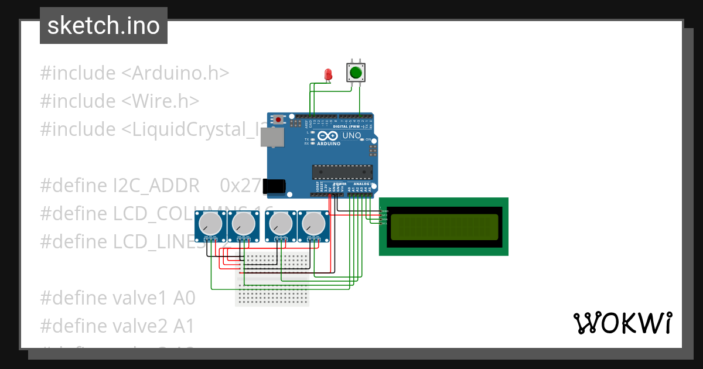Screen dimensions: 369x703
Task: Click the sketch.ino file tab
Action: [x=104, y=26]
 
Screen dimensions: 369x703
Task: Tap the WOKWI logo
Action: [x=622, y=323]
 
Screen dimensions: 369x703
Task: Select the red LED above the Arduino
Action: [x=329, y=74]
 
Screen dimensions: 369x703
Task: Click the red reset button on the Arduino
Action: [x=278, y=119]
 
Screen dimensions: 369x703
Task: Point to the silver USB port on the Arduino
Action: [x=272, y=138]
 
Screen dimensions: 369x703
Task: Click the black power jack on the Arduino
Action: [x=274, y=186]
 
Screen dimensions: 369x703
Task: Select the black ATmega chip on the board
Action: [x=342, y=172]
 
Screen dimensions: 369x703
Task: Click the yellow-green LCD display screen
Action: [x=443, y=227]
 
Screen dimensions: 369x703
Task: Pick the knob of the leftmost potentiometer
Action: [x=210, y=223]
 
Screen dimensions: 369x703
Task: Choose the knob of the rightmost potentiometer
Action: [x=313, y=223]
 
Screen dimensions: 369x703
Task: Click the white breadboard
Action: [x=272, y=279]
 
